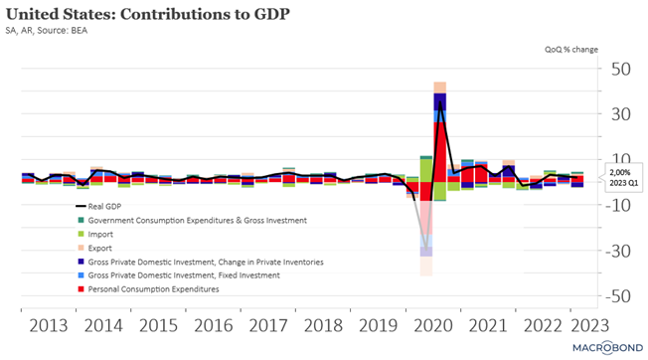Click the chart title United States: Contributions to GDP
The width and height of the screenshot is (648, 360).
147,14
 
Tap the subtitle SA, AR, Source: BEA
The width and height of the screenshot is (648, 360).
47,31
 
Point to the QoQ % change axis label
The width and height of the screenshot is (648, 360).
571,50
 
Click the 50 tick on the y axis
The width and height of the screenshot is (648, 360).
621,69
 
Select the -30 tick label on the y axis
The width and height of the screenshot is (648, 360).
618,251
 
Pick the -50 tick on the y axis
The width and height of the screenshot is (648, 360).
618,296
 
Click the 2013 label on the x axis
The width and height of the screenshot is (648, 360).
49,325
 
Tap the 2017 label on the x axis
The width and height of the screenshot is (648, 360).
268,325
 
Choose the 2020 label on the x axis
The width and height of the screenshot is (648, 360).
433,325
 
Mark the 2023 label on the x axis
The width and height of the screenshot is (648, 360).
589,325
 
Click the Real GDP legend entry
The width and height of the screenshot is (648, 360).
98,206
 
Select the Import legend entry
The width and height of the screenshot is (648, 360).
95,235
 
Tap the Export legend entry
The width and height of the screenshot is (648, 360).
95,248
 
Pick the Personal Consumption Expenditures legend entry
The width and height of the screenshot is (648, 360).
149,289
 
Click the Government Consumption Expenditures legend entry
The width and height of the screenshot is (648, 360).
193,221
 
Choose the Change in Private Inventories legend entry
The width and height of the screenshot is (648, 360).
201,262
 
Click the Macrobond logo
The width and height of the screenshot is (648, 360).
608,348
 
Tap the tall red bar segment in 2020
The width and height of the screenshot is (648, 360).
439,152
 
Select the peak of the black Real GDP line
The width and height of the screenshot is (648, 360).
439,101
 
